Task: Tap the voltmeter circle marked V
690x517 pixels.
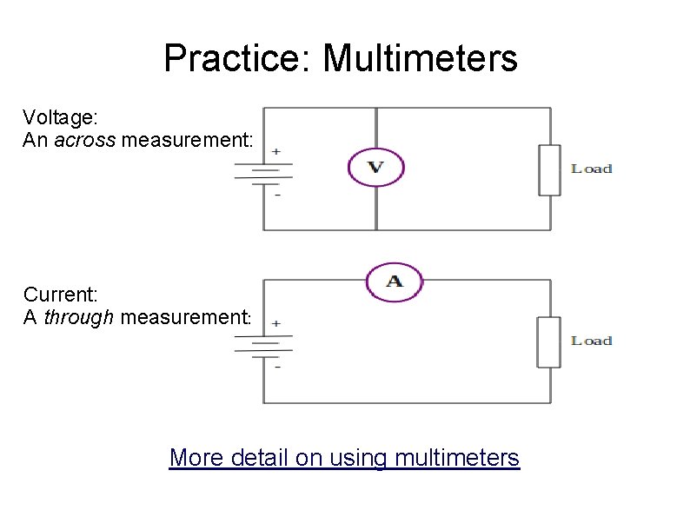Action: tap(376, 167)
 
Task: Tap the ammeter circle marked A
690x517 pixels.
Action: tap(394, 282)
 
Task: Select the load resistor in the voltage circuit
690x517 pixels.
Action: tap(548, 169)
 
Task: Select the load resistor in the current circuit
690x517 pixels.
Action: tap(548, 341)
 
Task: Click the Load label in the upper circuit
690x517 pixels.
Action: tap(592, 169)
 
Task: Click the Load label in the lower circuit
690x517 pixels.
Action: tap(592, 341)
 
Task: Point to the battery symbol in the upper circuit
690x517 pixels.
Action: tap(263, 172)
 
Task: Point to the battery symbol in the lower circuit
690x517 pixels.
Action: tap(263, 344)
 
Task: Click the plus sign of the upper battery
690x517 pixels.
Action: tap(276, 151)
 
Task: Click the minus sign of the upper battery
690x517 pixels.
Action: tap(277, 196)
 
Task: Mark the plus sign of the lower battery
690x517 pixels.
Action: tap(276, 323)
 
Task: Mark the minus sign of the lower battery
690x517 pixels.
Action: tap(277, 367)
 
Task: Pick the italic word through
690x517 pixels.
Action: tap(78, 317)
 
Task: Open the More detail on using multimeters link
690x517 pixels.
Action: tap(344, 457)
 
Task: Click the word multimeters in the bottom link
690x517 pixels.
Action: tap(457, 457)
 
